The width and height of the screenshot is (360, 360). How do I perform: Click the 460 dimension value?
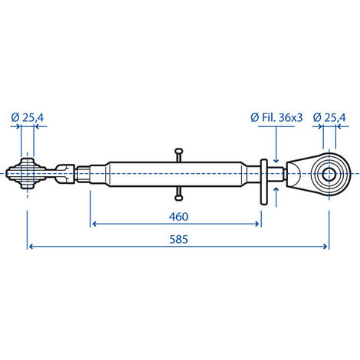coord(177,216)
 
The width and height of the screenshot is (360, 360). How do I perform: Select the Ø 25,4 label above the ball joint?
coord(28,118)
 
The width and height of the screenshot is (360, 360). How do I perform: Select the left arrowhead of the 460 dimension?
coord(95,224)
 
